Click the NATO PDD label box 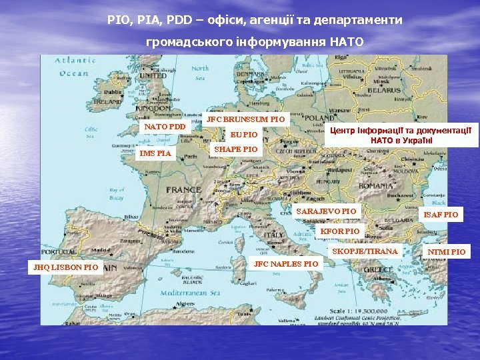point(165,127)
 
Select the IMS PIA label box point(155,154)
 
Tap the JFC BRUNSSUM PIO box point(245,119)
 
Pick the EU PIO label point(243,135)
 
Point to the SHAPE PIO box point(235,149)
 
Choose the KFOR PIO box point(340,231)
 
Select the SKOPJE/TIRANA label point(365,251)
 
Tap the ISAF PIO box point(441,215)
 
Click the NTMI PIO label point(447,252)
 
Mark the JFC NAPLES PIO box point(286,264)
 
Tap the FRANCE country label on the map point(183,189)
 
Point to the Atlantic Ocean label point(74,67)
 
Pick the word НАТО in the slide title point(345,42)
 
